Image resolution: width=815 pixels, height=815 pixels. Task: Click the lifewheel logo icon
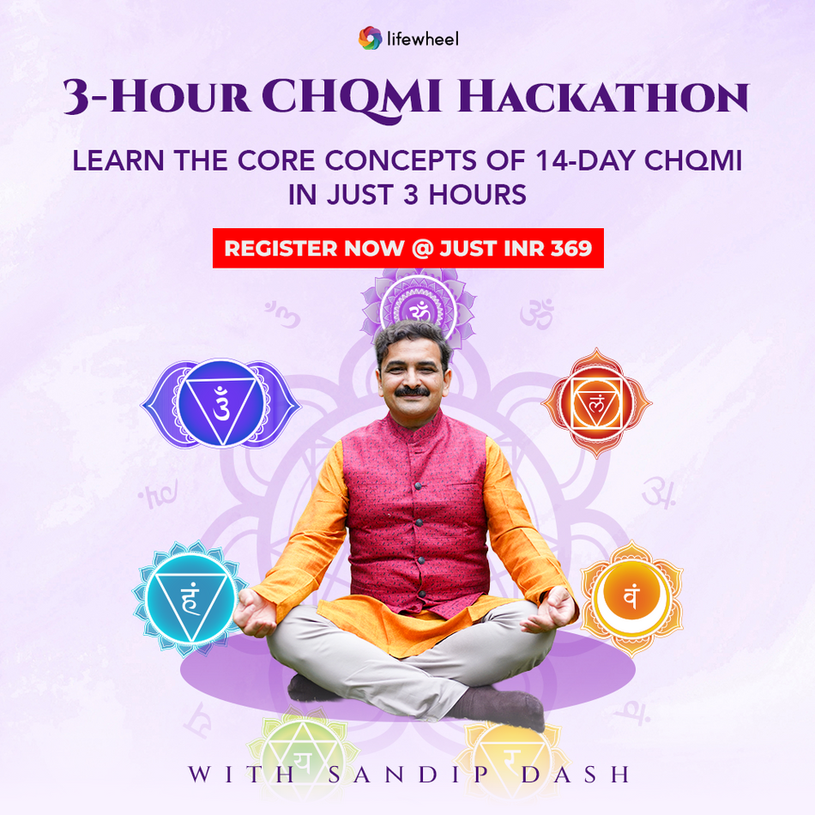coord(370,38)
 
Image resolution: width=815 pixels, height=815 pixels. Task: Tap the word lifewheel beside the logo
coord(421,39)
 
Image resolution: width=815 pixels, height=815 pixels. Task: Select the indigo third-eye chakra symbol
coord(220,402)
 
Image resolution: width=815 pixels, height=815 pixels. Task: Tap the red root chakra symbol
coord(597,402)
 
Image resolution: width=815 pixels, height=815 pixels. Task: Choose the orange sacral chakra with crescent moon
coord(631,596)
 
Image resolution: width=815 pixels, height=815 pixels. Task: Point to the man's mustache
coord(412,391)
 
